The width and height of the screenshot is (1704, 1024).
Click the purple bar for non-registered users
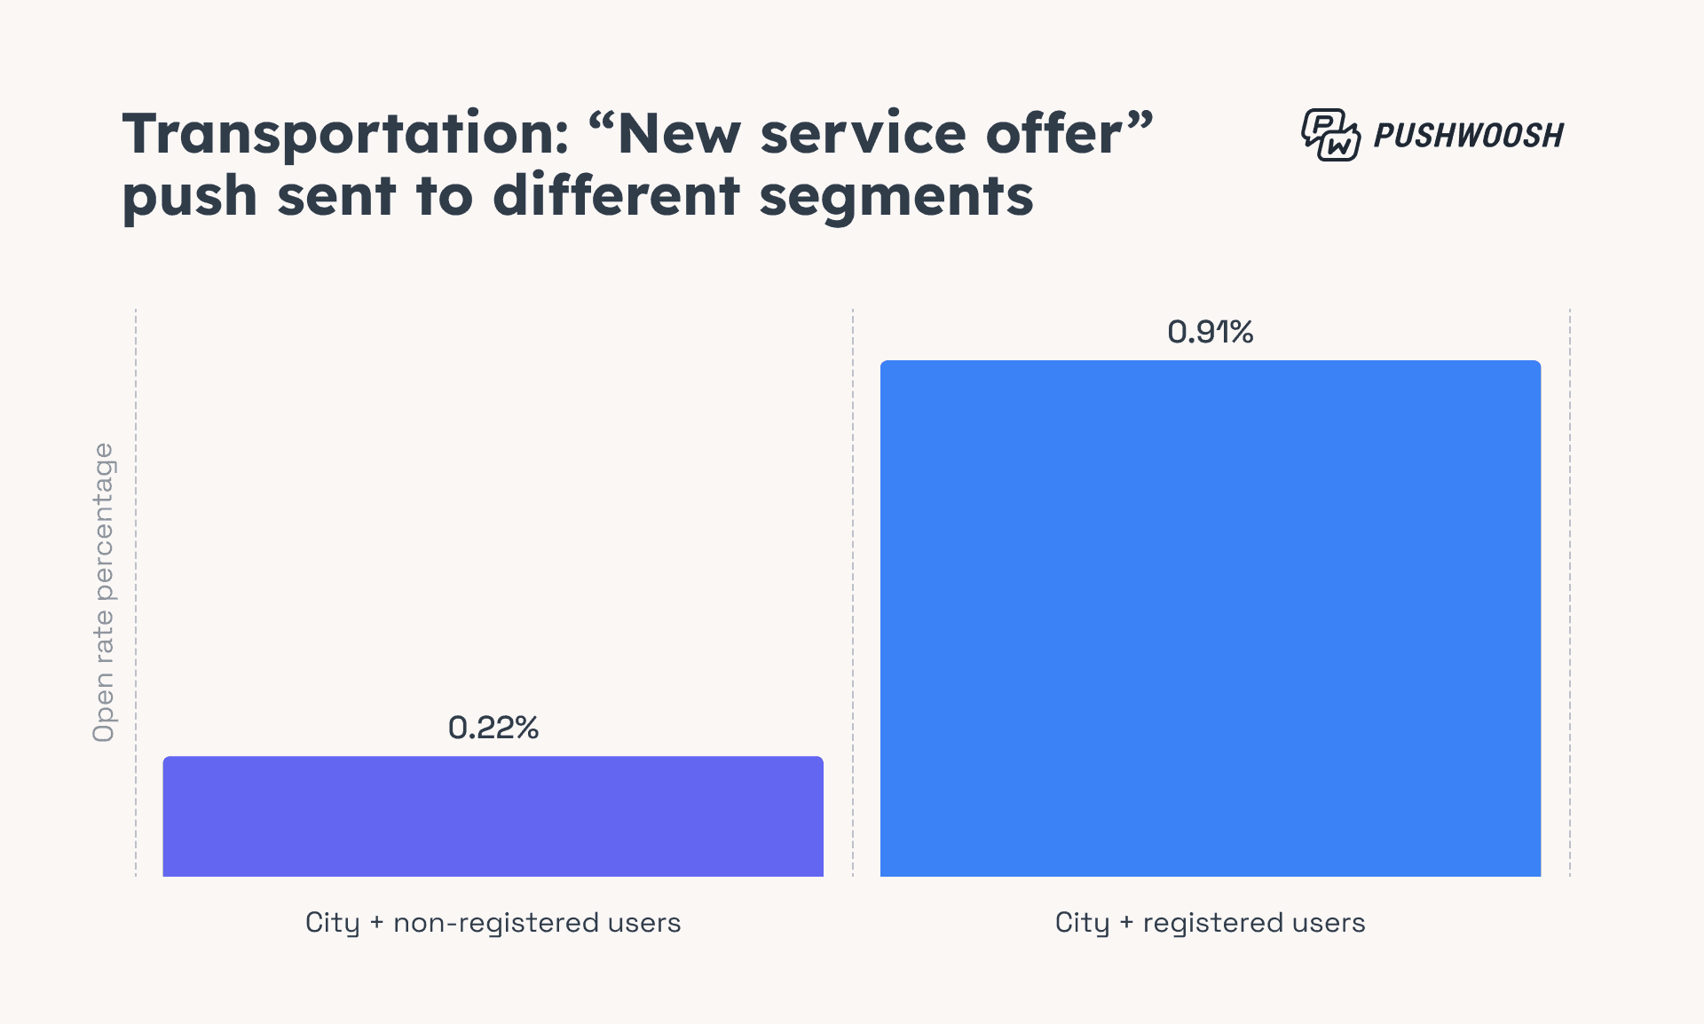(x=493, y=816)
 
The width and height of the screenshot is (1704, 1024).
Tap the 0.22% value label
(x=493, y=728)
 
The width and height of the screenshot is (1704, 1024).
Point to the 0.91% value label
(x=1210, y=332)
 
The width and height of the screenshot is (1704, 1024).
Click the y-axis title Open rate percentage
(x=104, y=592)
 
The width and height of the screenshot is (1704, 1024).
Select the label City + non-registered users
(x=493, y=923)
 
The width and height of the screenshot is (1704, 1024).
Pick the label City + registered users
(x=1210, y=923)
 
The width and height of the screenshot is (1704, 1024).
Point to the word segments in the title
(x=896, y=197)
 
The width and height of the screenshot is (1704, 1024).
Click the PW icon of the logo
(x=1329, y=135)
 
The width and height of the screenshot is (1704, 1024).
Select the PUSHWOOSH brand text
(x=1468, y=136)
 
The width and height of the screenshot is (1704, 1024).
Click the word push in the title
(x=189, y=197)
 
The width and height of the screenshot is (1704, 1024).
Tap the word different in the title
(x=616, y=197)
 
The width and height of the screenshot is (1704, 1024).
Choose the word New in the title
(x=678, y=135)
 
